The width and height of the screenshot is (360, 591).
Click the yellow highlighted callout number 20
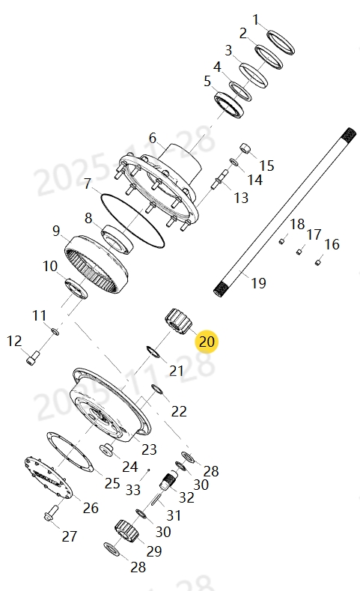tap(207, 342)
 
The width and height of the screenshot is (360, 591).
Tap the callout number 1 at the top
tap(256, 19)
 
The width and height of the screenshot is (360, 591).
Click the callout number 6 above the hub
tap(153, 138)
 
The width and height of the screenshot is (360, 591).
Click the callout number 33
tap(133, 490)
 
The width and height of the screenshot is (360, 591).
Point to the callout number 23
tap(149, 449)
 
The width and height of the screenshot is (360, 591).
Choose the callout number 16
tap(332, 244)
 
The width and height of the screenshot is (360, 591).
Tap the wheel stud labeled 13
tap(223, 181)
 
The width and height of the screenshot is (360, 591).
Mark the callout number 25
tap(112, 483)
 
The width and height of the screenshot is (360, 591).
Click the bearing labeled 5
tap(231, 104)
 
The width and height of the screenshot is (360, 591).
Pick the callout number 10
tap(49, 266)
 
